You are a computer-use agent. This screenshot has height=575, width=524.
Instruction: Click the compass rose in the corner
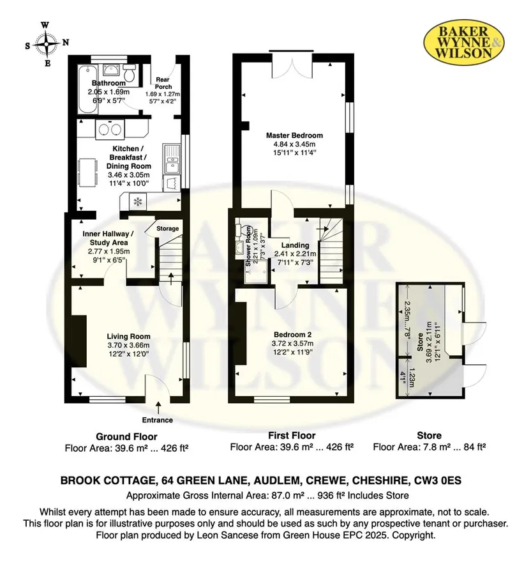46,44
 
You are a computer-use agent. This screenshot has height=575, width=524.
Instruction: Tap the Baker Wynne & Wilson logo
464,42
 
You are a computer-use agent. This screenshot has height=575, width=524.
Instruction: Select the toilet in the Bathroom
130,73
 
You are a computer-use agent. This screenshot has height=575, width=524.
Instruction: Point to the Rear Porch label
163,83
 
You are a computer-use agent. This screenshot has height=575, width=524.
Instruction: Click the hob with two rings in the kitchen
110,129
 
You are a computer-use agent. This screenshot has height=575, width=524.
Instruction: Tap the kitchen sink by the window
172,159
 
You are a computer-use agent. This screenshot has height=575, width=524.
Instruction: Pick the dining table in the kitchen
87,172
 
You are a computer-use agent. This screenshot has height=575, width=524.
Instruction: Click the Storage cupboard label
167,229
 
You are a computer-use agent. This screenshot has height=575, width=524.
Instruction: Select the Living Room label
129,336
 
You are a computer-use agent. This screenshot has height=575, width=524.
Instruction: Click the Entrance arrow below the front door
158,408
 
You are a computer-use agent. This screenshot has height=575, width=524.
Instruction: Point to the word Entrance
158,420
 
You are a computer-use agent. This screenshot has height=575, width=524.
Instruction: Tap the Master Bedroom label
294,135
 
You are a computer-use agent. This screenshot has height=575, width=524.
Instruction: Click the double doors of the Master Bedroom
292,65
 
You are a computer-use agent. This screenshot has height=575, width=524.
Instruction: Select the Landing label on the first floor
295,245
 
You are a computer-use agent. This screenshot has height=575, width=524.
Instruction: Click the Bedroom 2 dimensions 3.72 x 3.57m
292,344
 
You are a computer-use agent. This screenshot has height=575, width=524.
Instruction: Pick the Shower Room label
249,246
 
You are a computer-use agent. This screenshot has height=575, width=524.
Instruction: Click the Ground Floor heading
126,437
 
